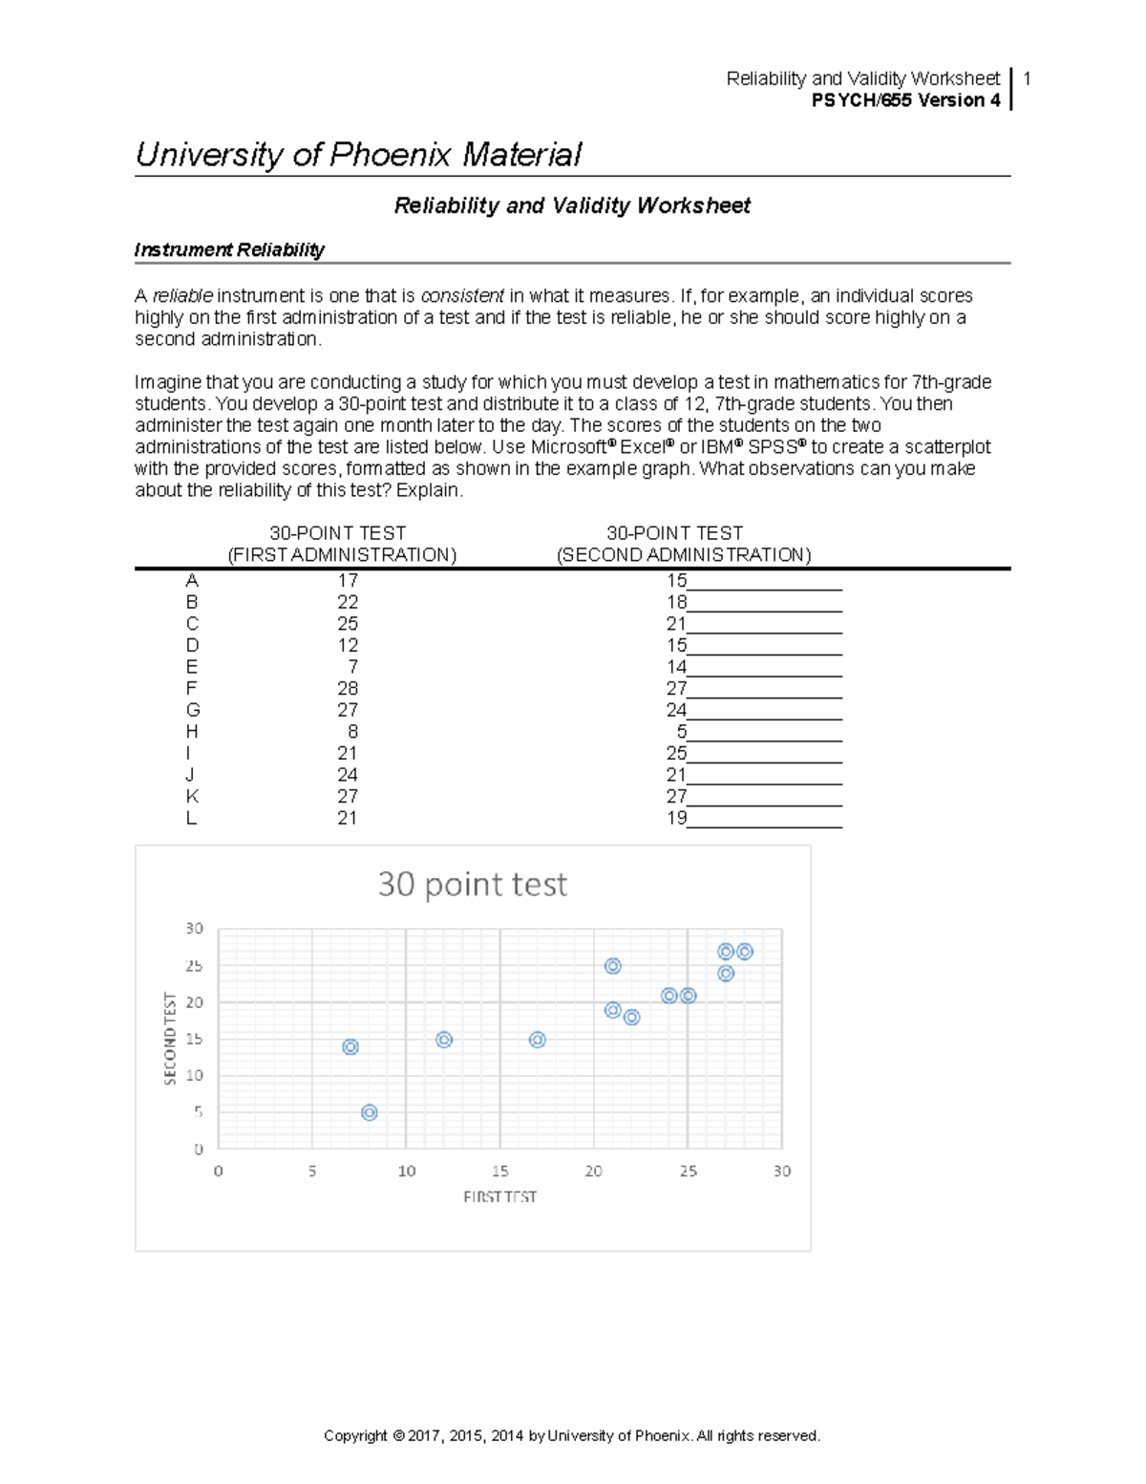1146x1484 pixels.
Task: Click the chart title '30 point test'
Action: tap(473, 884)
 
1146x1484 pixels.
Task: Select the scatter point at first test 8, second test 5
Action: tap(370, 1112)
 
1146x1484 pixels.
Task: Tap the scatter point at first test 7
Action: tap(350, 1047)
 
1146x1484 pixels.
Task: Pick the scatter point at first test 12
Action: tap(444, 1040)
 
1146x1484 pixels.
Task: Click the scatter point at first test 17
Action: tap(538, 1040)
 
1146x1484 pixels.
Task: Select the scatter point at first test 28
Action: tap(745, 952)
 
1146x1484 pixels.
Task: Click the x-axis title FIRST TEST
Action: tap(499, 1196)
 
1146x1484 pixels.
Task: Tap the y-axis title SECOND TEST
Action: tap(171, 1038)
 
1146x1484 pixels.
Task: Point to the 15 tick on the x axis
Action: tap(499, 1172)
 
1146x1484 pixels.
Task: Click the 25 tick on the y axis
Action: tap(194, 966)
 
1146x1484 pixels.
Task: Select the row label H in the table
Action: tap(192, 732)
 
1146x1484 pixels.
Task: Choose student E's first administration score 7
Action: tap(352, 667)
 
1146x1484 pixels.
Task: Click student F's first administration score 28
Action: tap(348, 689)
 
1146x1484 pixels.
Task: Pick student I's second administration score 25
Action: tap(676, 754)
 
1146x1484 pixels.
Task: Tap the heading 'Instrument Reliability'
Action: tap(229, 250)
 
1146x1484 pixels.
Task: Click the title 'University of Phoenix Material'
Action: tap(358, 155)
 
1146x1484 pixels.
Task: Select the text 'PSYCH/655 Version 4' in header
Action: tap(905, 100)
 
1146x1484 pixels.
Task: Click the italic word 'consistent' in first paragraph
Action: tap(462, 296)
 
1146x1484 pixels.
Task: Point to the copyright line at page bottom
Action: tap(572, 1435)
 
